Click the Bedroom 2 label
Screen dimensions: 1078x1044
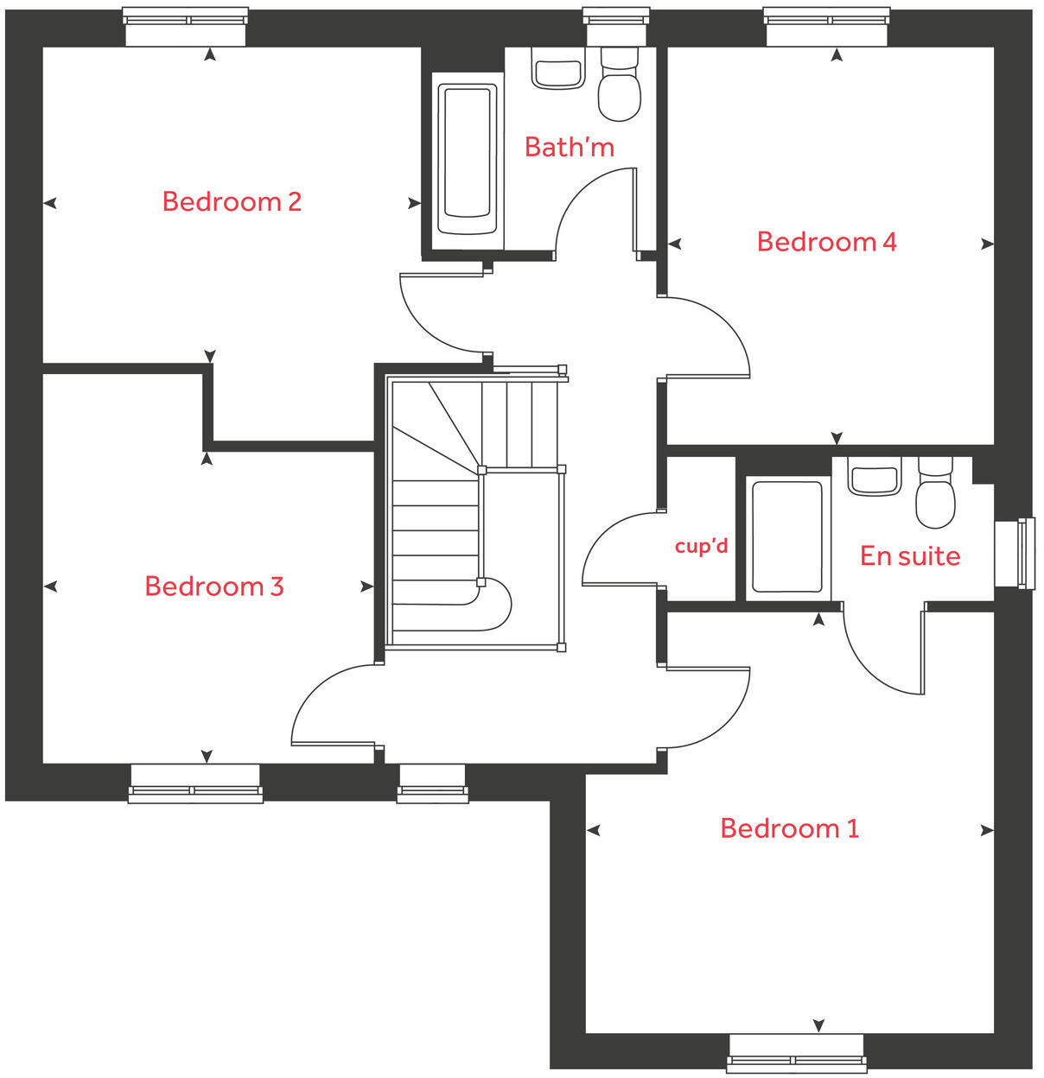pyautogui.click(x=232, y=202)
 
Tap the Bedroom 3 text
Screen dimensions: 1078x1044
pyautogui.click(x=213, y=587)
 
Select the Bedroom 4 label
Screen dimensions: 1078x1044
pyautogui.click(x=826, y=242)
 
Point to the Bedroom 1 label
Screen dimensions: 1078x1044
pyautogui.click(x=789, y=828)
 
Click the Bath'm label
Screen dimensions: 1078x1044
pyautogui.click(x=569, y=148)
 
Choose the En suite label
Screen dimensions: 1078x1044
pyautogui.click(x=909, y=556)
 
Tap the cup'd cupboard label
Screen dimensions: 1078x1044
pyautogui.click(x=701, y=547)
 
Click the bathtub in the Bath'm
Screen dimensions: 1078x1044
pyautogui.click(x=468, y=160)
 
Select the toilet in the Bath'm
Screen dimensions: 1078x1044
pyautogui.click(x=619, y=86)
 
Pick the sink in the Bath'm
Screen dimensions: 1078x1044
pyautogui.click(x=557, y=73)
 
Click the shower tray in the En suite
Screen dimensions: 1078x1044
pyautogui.click(x=786, y=536)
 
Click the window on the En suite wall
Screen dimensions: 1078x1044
pyautogui.click(x=1015, y=554)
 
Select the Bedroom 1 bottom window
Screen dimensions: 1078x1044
pyautogui.click(x=795, y=1053)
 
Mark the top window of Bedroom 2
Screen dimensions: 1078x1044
pyautogui.click(x=186, y=26)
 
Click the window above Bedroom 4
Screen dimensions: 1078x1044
pyautogui.click(x=827, y=26)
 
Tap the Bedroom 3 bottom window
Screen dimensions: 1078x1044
pyautogui.click(x=195, y=783)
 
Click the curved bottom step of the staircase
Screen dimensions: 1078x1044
pyautogui.click(x=493, y=603)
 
